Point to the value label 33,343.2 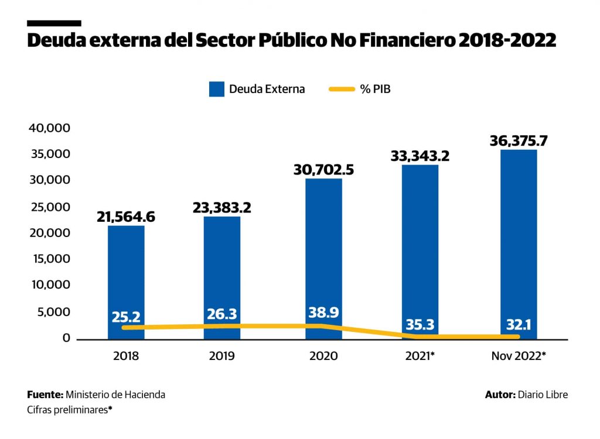tap(420, 156)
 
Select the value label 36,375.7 tap(519, 141)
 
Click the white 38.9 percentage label tap(323, 313)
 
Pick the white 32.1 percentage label tap(519, 325)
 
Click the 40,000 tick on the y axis tap(49, 128)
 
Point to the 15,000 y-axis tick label tap(49, 259)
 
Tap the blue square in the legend tap(217, 90)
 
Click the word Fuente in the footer tap(45, 395)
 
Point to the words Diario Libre tap(543, 395)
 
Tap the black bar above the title tap(54, 23)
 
